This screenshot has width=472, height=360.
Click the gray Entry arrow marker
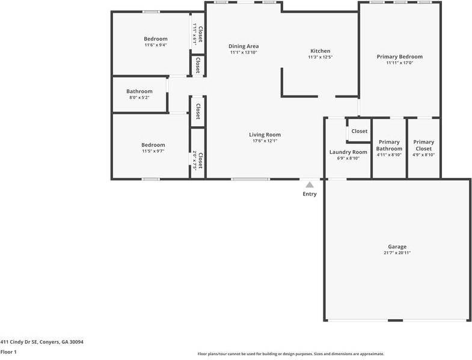pyautogui.click(x=310, y=185)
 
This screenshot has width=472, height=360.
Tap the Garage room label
pyautogui.click(x=397, y=247)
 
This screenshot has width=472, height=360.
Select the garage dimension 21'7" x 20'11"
pyautogui.click(x=397, y=253)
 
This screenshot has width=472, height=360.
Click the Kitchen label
pyautogui.click(x=320, y=51)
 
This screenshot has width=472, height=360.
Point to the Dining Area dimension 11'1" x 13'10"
pyautogui.click(x=244, y=52)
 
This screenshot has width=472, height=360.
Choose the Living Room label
pyautogui.click(x=265, y=135)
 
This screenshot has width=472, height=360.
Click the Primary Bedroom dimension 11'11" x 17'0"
pyautogui.click(x=400, y=63)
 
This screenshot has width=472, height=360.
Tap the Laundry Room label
pyautogui.click(x=348, y=152)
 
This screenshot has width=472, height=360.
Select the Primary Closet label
pyautogui.click(x=423, y=145)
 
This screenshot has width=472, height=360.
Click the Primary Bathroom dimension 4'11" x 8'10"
pyautogui.click(x=389, y=155)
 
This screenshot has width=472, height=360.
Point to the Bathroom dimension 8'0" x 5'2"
pyautogui.click(x=139, y=97)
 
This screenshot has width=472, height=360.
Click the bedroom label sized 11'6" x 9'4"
pyautogui.click(x=156, y=39)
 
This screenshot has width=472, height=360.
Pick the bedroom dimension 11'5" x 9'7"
pyautogui.click(x=153, y=151)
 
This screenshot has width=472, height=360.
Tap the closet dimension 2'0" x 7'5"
pyautogui.click(x=195, y=160)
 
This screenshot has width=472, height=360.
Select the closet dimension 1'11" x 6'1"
pyautogui.click(x=195, y=34)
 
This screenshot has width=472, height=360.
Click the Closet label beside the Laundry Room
pyautogui.click(x=360, y=131)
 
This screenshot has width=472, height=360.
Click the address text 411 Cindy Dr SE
pyautogui.click(x=19, y=342)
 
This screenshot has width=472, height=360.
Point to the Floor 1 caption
pyautogui.click(x=8, y=352)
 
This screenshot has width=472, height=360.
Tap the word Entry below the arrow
pyautogui.click(x=310, y=194)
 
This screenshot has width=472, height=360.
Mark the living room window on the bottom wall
pyautogui.click(x=251, y=179)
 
